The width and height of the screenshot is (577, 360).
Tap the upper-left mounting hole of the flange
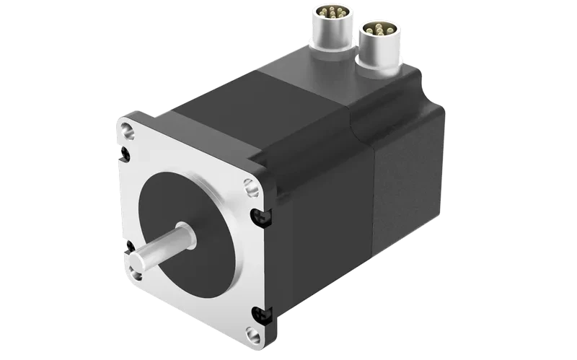pyautogui.click(x=128, y=131)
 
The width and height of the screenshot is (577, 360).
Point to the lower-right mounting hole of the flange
pyautogui.click(x=252, y=333)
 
